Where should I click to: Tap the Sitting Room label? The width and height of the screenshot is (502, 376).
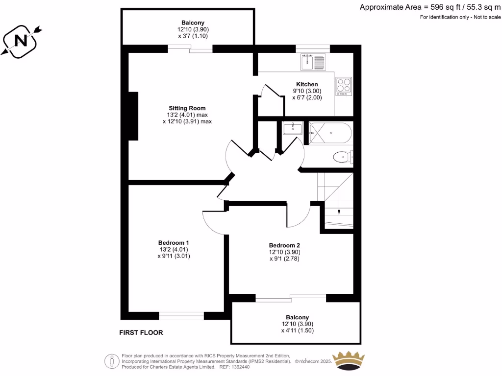[187, 108]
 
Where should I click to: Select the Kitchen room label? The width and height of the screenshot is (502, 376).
[307, 84]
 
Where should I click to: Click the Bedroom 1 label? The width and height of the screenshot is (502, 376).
[174, 243]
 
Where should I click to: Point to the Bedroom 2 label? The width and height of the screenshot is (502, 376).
[284, 245]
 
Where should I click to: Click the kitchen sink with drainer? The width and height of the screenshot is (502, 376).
[313, 63]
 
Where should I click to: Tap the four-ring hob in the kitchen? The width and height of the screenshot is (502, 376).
[343, 86]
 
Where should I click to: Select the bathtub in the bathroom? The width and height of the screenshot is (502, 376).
[330, 132]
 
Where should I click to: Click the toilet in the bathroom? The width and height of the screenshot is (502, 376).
[342, 157]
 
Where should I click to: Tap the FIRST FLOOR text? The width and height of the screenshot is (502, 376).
[141, 332]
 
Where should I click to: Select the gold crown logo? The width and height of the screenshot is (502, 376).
[349, 361]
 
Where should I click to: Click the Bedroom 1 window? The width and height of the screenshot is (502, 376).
[181, 316]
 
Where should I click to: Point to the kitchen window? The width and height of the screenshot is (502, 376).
[313, 48]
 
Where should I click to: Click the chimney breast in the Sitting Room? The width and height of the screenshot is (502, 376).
[133, 116]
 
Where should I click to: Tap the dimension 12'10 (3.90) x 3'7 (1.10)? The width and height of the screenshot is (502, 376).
[193, 33]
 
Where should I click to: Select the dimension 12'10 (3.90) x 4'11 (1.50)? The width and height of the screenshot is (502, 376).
[297, 327]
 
